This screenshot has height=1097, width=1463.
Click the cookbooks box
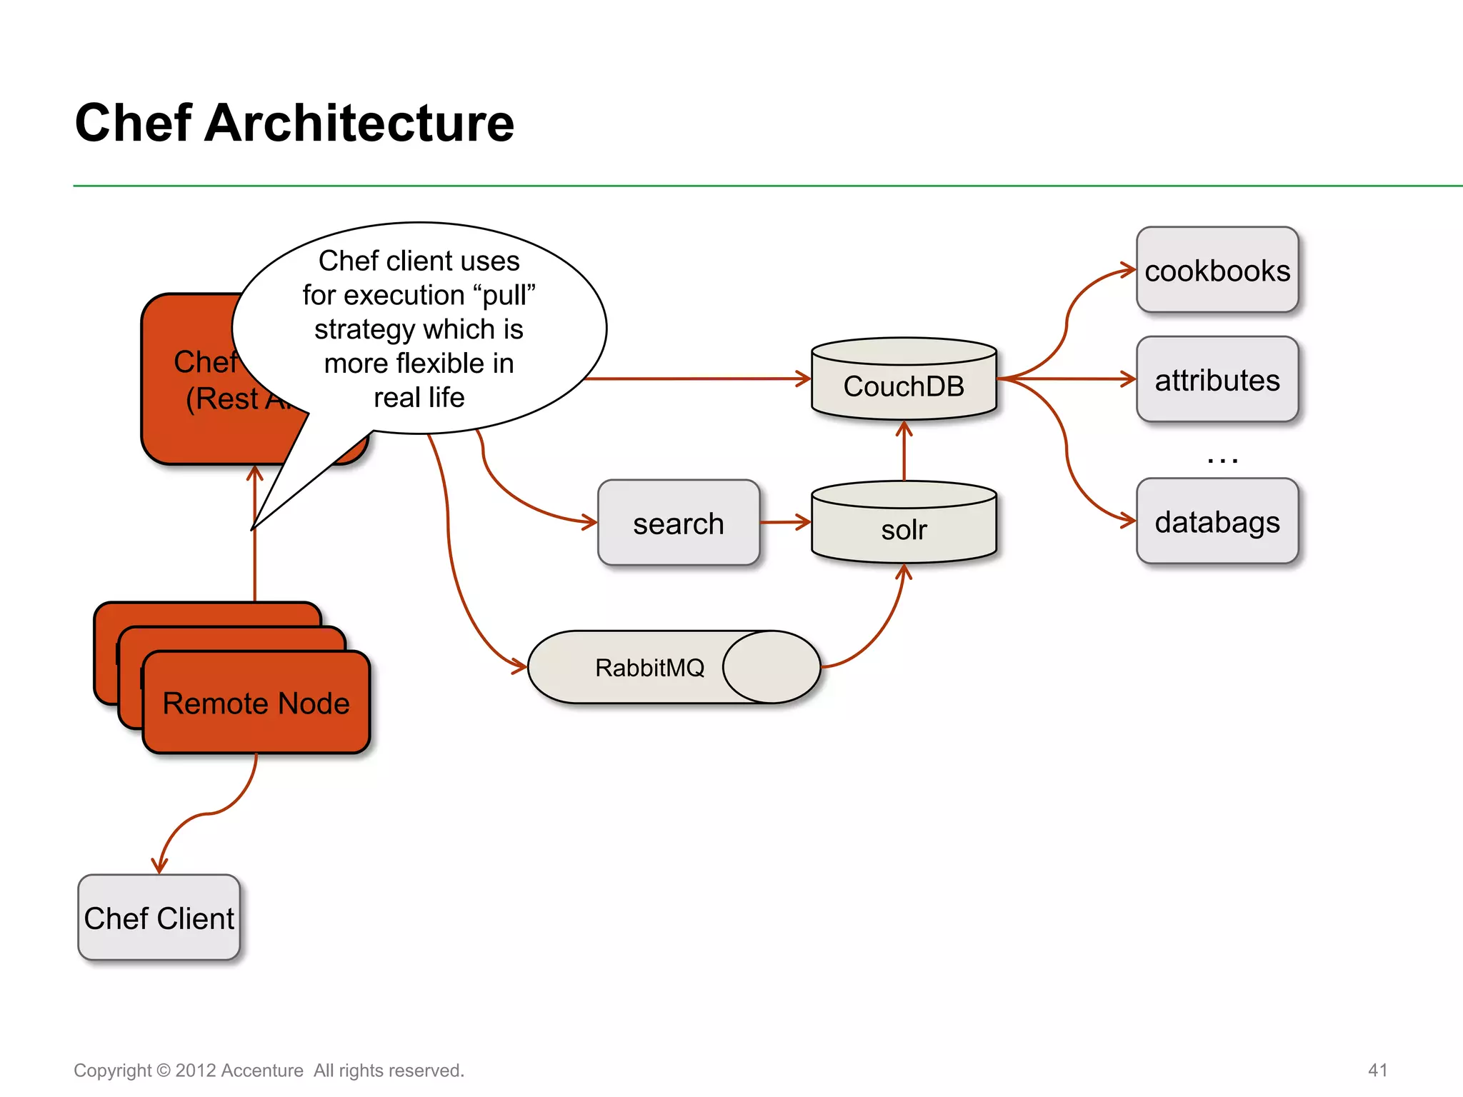1217,271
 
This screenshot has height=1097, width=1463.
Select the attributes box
1217,380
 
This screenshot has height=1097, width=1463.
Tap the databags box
1217,521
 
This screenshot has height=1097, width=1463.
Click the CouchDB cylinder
904,386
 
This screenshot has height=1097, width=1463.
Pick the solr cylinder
904,529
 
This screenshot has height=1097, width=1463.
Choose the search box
678,524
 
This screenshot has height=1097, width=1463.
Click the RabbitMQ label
649,668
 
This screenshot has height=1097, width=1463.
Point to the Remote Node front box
256,703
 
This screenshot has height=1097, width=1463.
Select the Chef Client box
159,918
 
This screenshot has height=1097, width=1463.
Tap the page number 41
1377,1070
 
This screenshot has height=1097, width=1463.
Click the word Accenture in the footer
262,1071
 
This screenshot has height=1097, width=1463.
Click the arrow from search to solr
785,522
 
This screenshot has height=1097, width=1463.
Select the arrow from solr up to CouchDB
904,450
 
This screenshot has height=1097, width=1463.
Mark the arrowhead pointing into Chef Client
159,866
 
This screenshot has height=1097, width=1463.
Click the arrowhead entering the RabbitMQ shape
519,667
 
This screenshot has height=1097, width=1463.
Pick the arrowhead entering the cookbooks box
1129,270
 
